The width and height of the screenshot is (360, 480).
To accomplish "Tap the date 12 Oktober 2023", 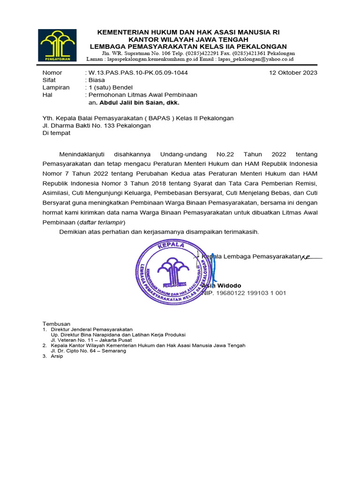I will point(293,73).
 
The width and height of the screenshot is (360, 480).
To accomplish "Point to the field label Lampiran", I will point(56,87).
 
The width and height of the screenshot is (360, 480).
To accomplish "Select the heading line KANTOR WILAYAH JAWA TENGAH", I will point(188,39).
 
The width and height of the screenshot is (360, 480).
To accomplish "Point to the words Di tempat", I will point(56,133).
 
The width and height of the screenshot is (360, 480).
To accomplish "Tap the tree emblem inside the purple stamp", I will point(173,271).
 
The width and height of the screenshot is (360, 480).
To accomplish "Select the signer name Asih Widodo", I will point(222,285).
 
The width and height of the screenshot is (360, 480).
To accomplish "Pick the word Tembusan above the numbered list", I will point(56,324).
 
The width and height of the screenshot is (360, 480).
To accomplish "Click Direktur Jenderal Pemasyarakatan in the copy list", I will point(92,330).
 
